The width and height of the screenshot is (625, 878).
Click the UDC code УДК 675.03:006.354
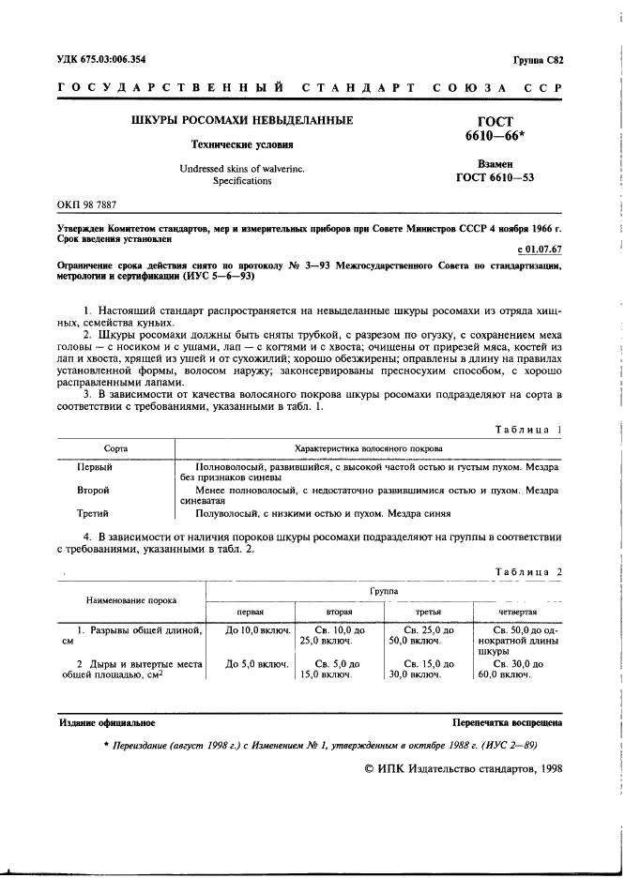[105, 60]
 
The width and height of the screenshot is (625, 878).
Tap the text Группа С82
[538, 60]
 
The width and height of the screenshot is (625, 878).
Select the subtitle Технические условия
[242, 145]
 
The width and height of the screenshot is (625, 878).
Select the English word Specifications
[242, 180]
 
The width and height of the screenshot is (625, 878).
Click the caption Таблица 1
[527, 403]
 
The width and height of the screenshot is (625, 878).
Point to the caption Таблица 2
[527, 571]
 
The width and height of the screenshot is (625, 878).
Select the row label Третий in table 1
[93, 513]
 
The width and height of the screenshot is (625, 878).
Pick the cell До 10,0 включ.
[256, 629]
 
